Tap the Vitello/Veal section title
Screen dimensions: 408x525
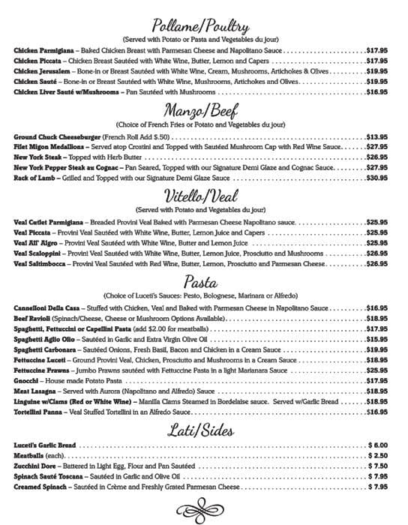click(203, 196)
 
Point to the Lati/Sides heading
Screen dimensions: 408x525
click(204, 430)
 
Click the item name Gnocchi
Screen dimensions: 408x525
click(28, 380)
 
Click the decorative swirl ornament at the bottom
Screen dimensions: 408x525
click(203, 511)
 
